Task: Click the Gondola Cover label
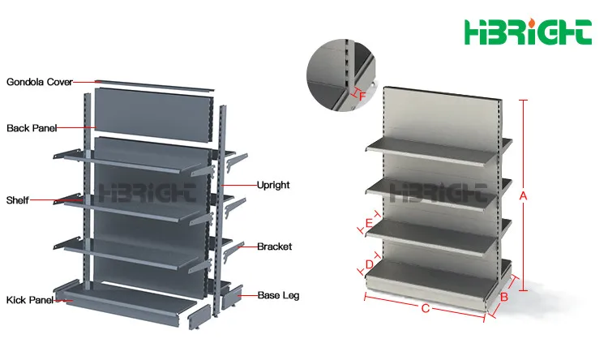point(39,82)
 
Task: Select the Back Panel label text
point(32,128)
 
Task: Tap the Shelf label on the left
point(18,200)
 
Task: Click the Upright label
point(273,185)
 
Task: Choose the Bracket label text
point(274,246)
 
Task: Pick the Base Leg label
point(278,295)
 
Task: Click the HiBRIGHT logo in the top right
point(527,32)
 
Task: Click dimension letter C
point(425,308)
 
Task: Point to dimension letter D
point(370,264)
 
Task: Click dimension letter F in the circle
point(362,96)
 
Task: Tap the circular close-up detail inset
point(340,73)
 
